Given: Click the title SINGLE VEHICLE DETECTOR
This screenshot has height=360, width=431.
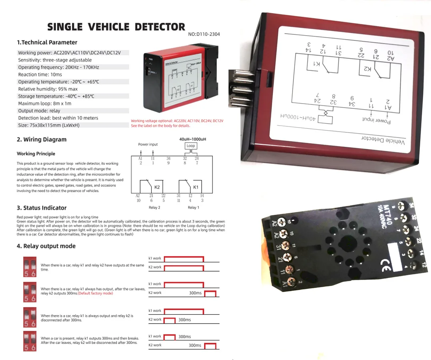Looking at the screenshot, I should coord(116,27).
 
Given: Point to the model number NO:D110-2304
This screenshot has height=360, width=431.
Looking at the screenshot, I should coord(204,34).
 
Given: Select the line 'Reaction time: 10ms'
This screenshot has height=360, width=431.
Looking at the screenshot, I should coord(40,74).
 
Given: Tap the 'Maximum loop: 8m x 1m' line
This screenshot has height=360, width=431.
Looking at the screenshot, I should coord(44,103).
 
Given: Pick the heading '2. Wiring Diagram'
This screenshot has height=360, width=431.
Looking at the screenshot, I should coord(42,140).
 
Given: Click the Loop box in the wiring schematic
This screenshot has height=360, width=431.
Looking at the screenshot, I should coord(190,146).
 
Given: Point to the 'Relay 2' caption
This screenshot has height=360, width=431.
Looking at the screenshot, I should coord(154,208).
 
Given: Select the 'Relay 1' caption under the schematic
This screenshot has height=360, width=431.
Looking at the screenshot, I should coord(193,208).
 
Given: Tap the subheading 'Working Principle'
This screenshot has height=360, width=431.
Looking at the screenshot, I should coord(36,154).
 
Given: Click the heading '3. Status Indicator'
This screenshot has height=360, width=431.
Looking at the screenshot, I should coord(42,208).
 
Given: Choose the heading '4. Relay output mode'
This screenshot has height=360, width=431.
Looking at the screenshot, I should coord(46,246).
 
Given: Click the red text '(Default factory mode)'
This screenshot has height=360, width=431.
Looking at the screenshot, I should coord(95,293).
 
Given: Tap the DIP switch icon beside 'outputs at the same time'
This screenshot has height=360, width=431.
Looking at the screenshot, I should coord(30,267).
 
